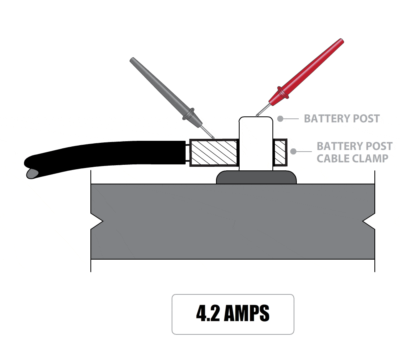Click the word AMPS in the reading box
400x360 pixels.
pyautogui.click(x=246, y=314)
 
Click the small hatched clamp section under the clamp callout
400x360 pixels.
pyautogui.click(x=280, y=152)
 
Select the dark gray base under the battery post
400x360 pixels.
pyautogui.click(x=256, y=178)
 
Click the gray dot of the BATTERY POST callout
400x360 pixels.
pyautogui.click(x=281, y=118)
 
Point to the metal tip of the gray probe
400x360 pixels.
pyautogui.click(x=208, y=132)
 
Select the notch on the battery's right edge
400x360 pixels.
pyautogui.click(x=369, y=221)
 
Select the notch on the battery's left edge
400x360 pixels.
pyautogui.click(x=97, y=221)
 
